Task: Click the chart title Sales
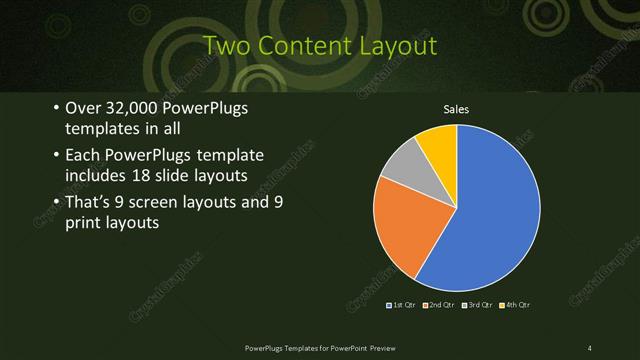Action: pyautogui.click(x=456, y=109)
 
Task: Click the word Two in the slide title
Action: pyautogui.click(x=224, y=46)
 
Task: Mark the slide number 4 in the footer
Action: pyautogui.click(x=590, y=347)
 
